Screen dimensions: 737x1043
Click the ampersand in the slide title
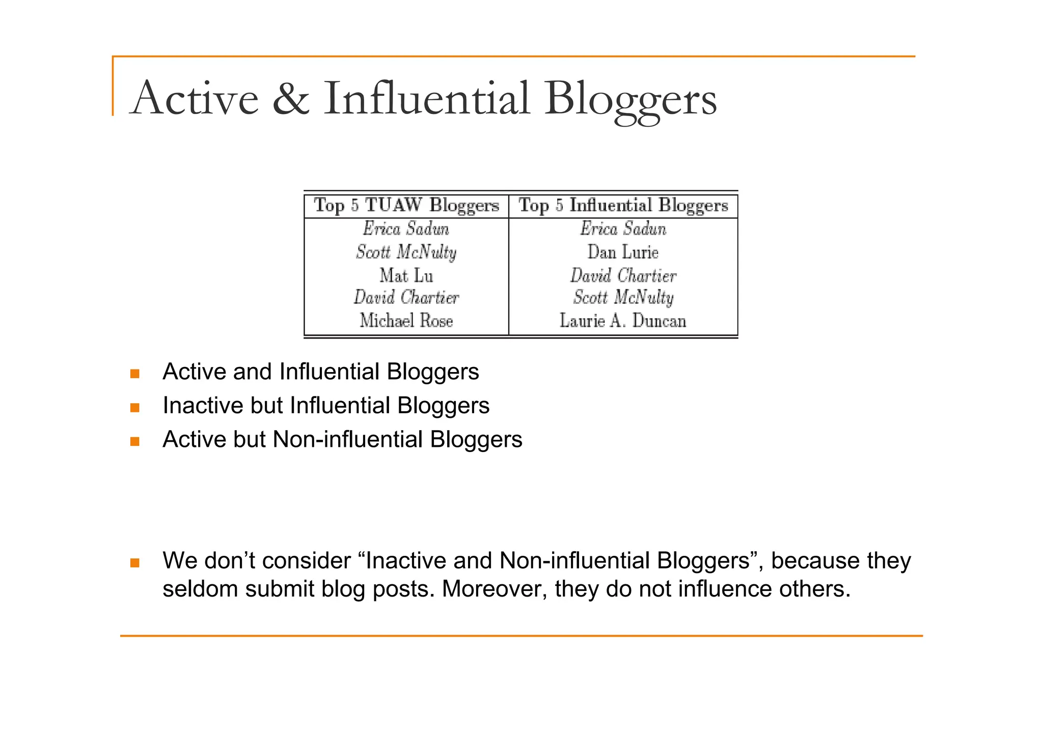[291, 99]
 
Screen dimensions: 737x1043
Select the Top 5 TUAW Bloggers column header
[406, 206]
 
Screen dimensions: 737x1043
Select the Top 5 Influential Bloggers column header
[623, 206]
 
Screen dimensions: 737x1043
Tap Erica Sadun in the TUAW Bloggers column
[406, 229]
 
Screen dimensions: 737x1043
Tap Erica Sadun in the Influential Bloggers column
[623, 229]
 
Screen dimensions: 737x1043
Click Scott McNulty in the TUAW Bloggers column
[406, 252]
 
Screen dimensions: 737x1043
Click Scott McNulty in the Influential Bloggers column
[623, 298]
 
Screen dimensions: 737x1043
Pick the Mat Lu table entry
[406, 276]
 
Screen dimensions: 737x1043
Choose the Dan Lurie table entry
[623, 252]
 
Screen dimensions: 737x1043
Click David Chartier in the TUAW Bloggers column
[406, 298]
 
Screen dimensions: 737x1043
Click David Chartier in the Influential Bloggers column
[623, 276]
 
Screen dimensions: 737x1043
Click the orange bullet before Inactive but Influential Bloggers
[135, 407]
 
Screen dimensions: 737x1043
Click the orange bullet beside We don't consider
[135, 563]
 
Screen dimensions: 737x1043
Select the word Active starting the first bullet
[194, 372]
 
